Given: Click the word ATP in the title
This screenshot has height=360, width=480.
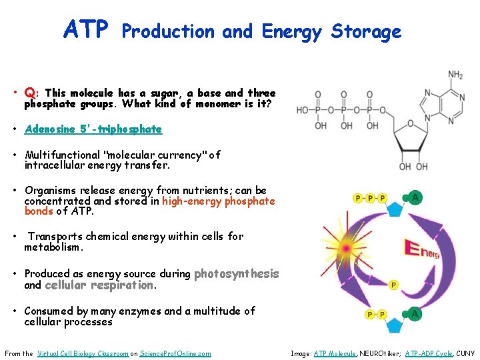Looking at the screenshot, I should [85, 29].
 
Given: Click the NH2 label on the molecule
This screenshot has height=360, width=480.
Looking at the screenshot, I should [455, 75].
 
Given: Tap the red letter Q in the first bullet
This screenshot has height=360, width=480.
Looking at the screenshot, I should [29, 93].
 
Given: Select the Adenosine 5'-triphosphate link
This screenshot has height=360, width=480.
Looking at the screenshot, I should [93, 129].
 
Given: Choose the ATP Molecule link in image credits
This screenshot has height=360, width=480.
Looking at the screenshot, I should [335, 353].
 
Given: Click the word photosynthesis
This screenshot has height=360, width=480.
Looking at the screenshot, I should [236, 273].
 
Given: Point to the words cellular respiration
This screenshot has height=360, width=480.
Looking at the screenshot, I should [99, 285].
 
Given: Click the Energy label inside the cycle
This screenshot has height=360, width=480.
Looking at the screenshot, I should [422, 252].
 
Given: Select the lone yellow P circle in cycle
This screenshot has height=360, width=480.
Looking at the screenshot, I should [393, 285].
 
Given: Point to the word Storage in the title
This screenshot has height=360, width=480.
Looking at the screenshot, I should [366, 31].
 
